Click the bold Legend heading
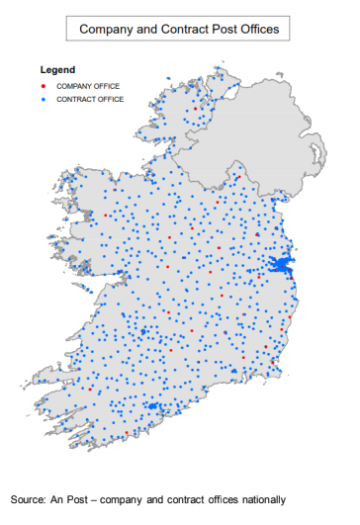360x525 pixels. tap(56, 71)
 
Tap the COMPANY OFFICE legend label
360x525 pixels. tap(88, 86)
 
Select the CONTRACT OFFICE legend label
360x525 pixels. tap(90, 99)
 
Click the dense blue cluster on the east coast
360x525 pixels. tap(281, 266)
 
